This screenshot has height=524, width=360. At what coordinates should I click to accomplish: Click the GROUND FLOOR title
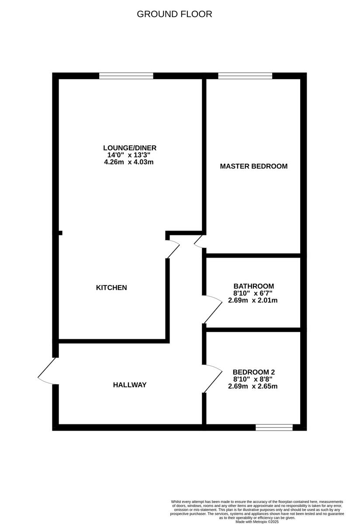pyautogui.click(x=174, y=14)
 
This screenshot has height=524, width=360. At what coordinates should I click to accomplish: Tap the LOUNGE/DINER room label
pyautogui.click(x=129, y=148)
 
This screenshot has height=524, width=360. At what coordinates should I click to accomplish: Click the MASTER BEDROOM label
pyautogui.click(x=253, y=166)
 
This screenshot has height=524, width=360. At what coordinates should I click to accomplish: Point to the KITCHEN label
pyautogui.click(x=111, y=288)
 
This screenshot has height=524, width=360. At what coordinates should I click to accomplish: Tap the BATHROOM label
pyautogui.click(x=253, y=286)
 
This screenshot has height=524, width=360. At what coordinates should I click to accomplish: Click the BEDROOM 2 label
pyautogui.click(x=253, y=372)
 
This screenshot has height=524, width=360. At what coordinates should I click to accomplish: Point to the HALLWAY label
pyautogui.click(x=130, y=385)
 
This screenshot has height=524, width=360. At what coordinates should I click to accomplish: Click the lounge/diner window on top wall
pyautogui.click(x=126, y=76)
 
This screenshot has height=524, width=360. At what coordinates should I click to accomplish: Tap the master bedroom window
pyautogui.click(x=245, y=76)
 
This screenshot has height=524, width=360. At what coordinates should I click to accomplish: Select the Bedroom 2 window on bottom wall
pyautogui.click(x=274, y=427)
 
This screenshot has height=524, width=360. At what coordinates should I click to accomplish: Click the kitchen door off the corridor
pyautogui.click(x=173, y=248)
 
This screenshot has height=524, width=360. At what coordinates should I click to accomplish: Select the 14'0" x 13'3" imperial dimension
pyautogui.click(x=129, y=155)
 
